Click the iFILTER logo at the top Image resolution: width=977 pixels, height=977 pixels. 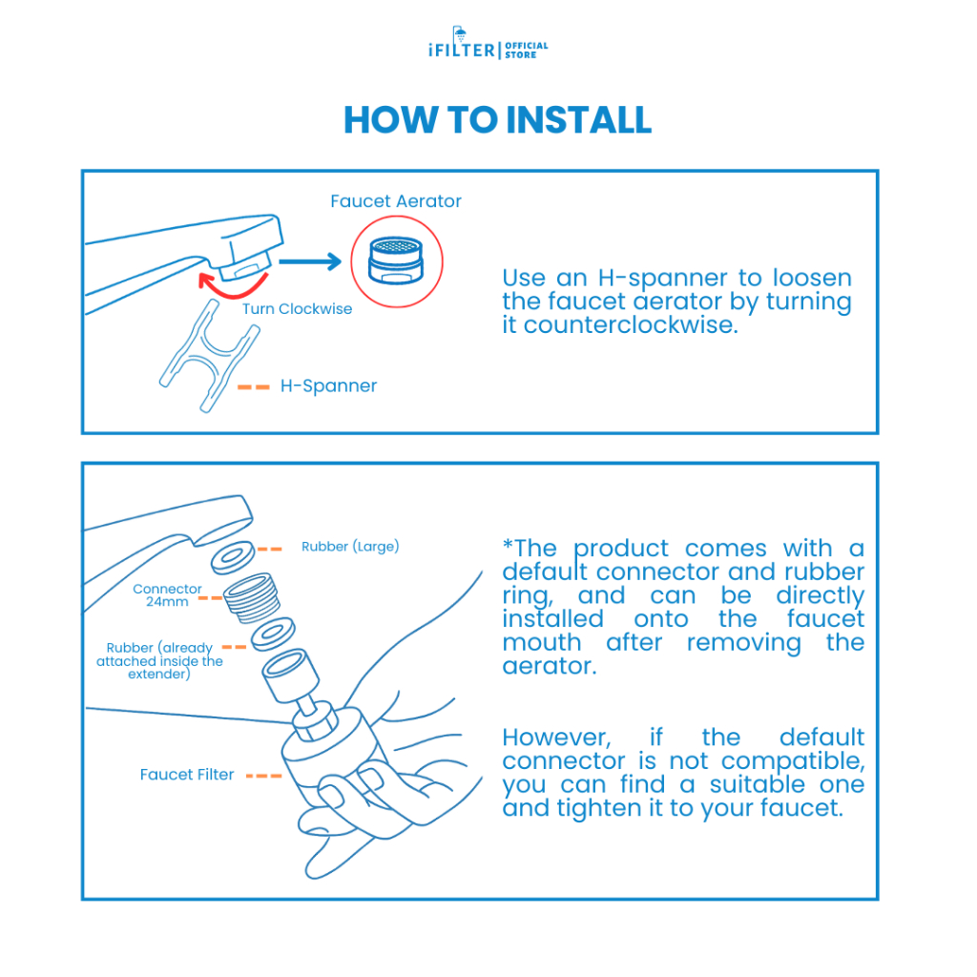coord(488,49)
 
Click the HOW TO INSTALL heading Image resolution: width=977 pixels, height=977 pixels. coord(497,120)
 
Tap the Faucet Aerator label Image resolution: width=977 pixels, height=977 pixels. coord(396,201)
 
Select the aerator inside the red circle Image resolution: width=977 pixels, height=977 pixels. coord(398,259)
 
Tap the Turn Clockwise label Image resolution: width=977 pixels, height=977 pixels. coord(297,309)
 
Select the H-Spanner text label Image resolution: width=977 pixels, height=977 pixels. coord(328,386)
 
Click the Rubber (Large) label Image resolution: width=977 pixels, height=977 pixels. coord(350,547)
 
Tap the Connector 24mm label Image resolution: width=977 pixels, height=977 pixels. coord(167,595)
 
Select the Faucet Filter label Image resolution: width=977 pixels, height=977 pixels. coord(187,775)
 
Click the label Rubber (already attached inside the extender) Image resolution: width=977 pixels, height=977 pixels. coord(159,661)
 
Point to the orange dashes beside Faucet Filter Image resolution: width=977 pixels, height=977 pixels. coord(263,776)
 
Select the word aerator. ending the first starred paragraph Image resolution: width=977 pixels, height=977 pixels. coord(550,667)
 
